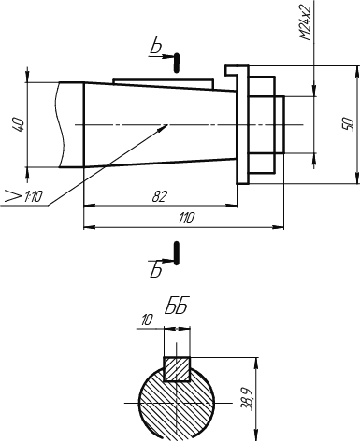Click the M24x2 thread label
[x=306, y=22]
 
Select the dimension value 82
[x=160, y=196]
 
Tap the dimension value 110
[x=186, y=218]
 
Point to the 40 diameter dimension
[x=18, y=124]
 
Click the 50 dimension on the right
[x=349, y=124]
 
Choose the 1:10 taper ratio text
[x=33, y=196]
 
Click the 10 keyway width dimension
[x=147, y=321]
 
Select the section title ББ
[x=177, y=307]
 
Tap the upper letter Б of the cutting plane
[x=156, y=47]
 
